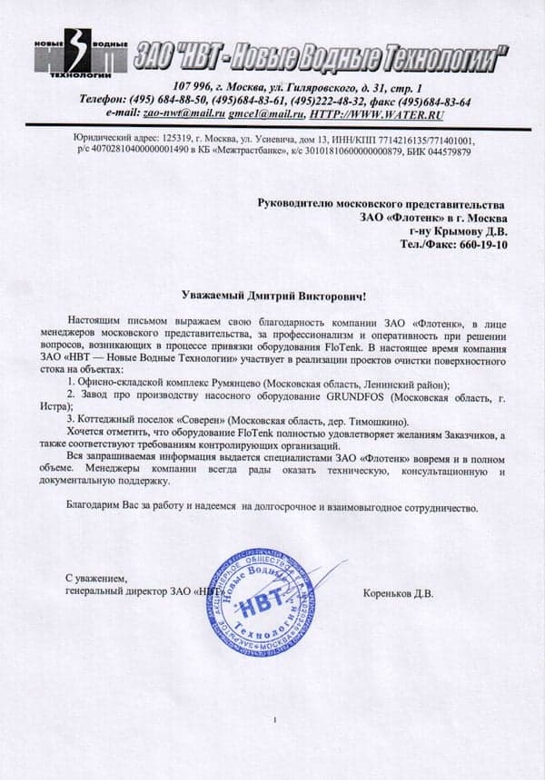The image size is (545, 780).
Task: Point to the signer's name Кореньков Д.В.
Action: pos(398,595)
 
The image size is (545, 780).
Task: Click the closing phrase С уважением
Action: pos(97,578)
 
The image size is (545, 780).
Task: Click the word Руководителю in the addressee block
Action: pos(298,206)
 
